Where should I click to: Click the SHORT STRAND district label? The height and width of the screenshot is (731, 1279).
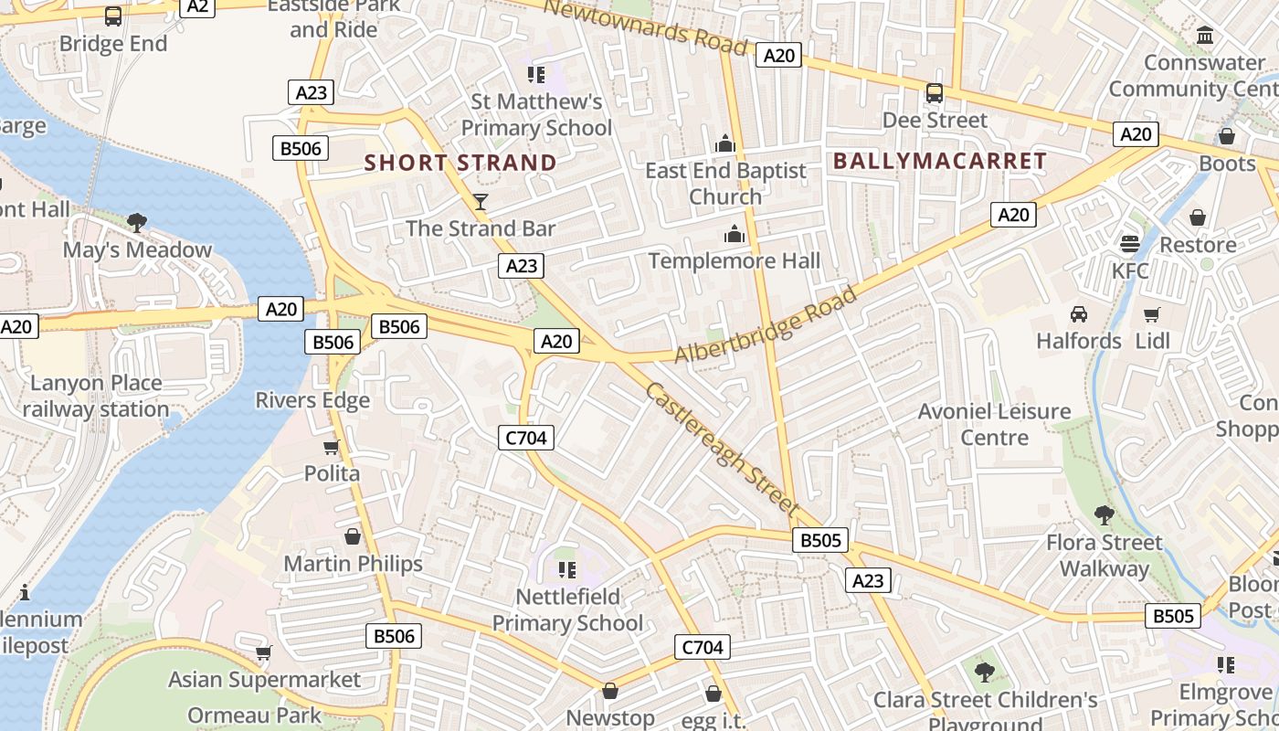[x=460, y=164]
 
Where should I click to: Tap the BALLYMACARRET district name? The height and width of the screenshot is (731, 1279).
[x=940, y=161]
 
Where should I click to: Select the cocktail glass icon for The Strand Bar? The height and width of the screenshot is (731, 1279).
[x=481, y=202]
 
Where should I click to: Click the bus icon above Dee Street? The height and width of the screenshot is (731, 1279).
[x=935, y=93]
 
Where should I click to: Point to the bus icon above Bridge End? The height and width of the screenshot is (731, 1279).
[x=113, y=16]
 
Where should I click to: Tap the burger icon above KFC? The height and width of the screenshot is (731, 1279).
[x=1130, y=244]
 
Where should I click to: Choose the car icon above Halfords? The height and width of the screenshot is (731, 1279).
[x=1079, y=314]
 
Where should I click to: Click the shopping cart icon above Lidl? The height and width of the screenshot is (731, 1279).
[x=1152, y=314]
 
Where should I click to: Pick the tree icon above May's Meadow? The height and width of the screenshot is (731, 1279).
[x=137, y=222]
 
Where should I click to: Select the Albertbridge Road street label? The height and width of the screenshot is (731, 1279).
[x=766, y=324]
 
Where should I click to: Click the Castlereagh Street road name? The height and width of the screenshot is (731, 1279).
[x=722, y=447]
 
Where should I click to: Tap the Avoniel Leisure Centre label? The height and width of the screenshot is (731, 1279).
[x=994, y=424]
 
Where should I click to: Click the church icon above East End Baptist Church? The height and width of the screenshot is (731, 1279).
[x=725, y=144]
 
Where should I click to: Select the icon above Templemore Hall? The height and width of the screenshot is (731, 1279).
[x=735, y=235]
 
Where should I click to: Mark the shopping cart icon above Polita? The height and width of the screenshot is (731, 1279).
[x=332, y=447]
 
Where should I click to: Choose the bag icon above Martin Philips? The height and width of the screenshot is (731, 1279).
[x=353, y=536]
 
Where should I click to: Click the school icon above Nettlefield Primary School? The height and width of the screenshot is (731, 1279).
[x=567, y=570]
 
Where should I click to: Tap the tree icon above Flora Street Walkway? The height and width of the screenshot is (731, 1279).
[x=1105, y=515]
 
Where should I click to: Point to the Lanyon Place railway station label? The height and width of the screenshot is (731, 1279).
[x=96, y=396]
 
